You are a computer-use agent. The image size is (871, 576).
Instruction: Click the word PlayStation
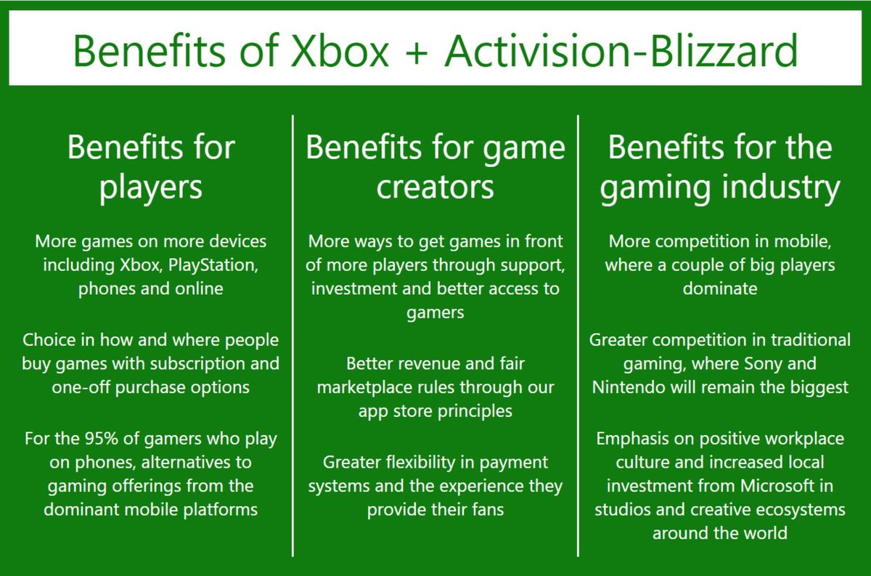click(213, 264)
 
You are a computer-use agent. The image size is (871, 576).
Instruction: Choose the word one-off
click(80, 387)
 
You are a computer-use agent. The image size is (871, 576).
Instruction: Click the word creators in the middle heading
click(435, 187)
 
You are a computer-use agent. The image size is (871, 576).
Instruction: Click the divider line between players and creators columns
click(293, 334)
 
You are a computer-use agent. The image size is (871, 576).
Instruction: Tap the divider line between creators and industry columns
click(578, 334)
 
